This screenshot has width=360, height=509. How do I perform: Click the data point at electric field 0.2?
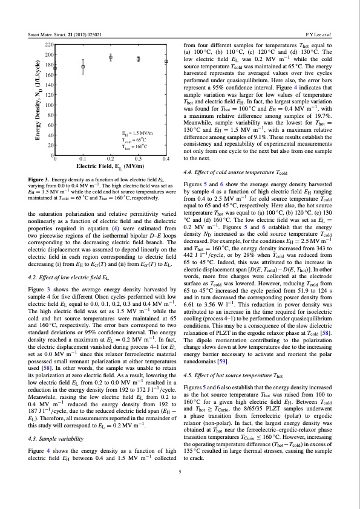111,57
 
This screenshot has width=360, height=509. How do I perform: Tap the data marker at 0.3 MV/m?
139,59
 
